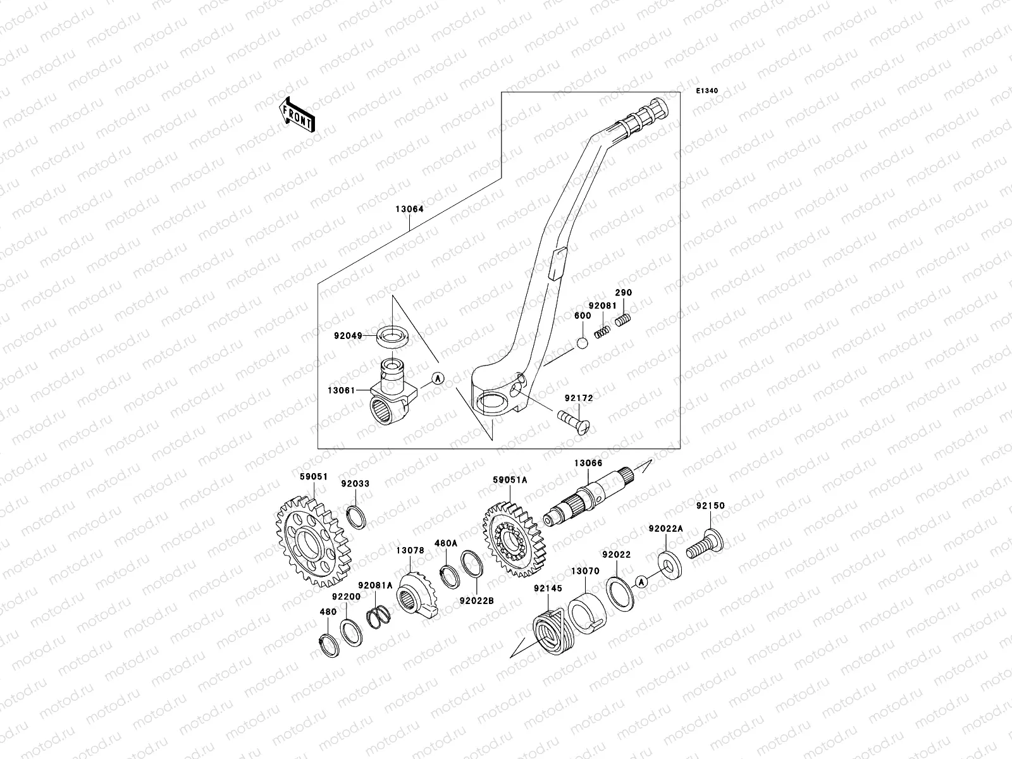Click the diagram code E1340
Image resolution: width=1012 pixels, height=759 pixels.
[x=707, y=91]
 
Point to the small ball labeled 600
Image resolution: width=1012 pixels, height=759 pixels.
[x=582, y=343]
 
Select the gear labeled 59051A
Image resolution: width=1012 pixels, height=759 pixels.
[x=513, y=542]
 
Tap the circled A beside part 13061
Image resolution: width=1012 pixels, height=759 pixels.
[x=438, y=378]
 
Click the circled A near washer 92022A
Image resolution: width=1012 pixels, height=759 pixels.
[x=641, y=581]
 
